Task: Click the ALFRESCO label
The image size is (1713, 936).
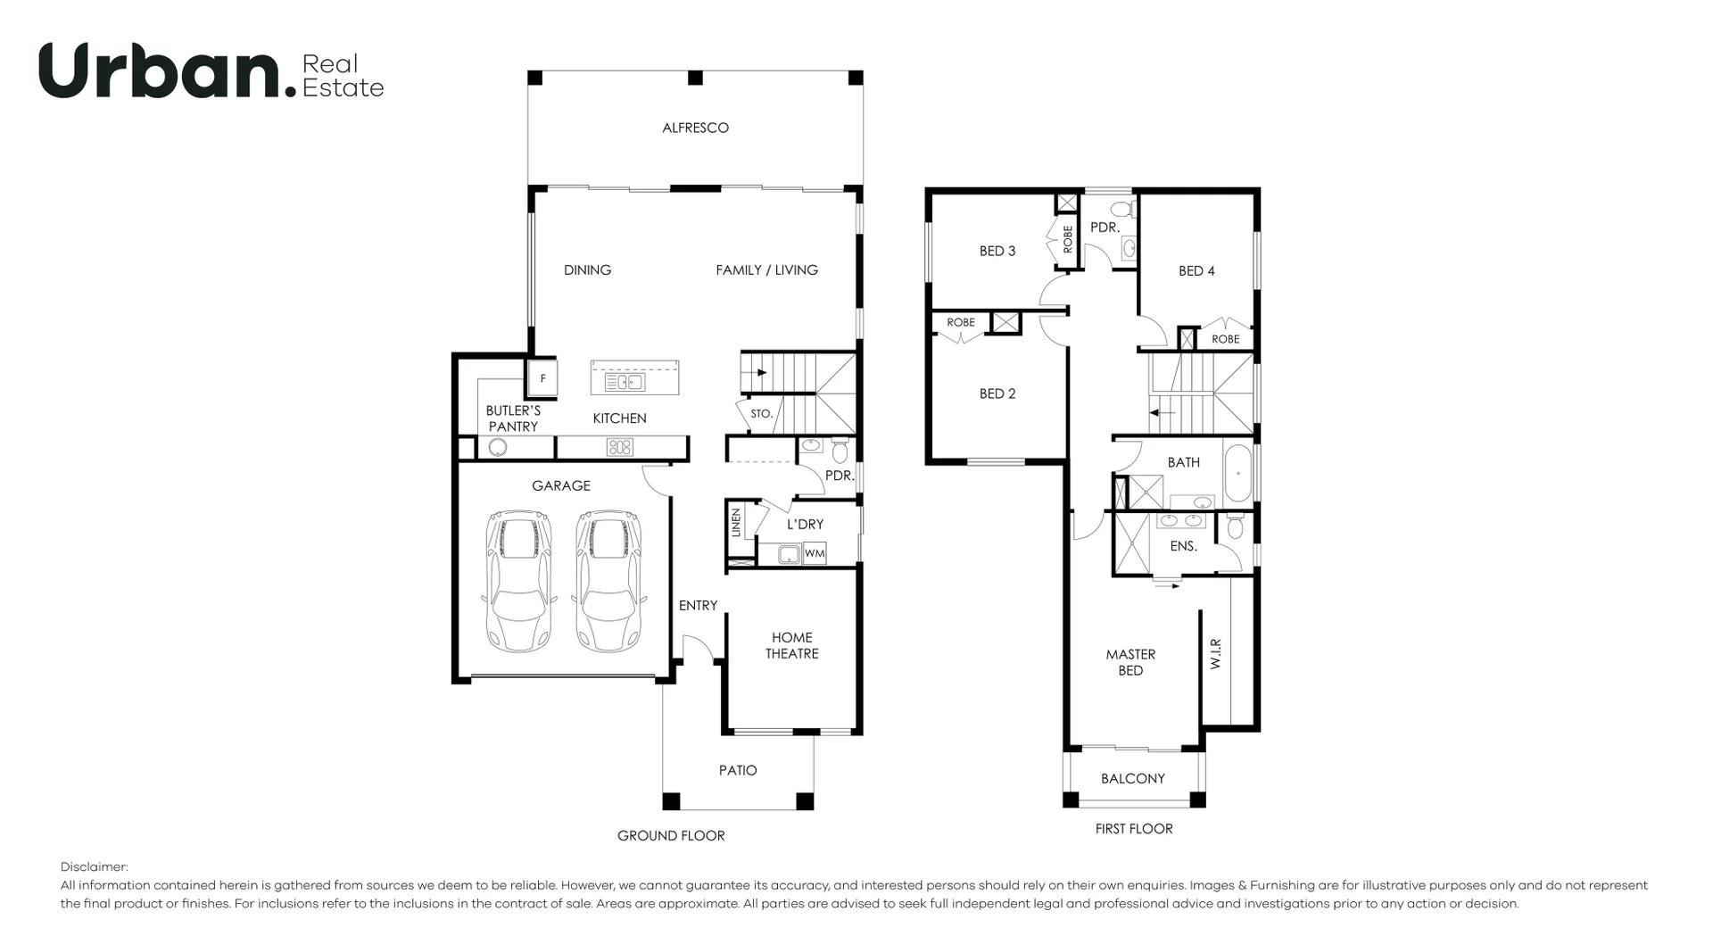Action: click(x=695, y=128)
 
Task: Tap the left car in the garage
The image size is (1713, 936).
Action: click(x=517, y=581)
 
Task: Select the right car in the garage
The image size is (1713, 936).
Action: click(x=608, y=581)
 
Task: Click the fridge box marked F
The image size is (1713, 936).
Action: click(x=542, y=378)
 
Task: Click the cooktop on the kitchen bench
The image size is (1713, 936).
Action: click(x=620, y=447)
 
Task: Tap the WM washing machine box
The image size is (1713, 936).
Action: click(x=814, y=554)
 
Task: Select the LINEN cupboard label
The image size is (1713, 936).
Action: click(x=736, y=521)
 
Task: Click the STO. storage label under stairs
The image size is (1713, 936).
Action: click(x=761, y=414)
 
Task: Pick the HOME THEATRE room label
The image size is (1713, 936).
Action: click(x=791, y=645)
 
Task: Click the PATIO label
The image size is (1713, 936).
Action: click(x=738, y=770)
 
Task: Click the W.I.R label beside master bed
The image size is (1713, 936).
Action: click(x=1215, y=654)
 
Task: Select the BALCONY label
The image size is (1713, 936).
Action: click(x=1132, y=778)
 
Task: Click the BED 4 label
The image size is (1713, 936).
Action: click(x=1196, y=270)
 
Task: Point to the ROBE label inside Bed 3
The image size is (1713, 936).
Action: click(x=1067, y=238)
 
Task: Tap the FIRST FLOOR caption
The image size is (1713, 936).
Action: click(x=1133, y=829)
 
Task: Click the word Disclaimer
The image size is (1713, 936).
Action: click(x=94, y=866)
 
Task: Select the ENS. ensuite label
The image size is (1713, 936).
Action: click(x=1183, y=546)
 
